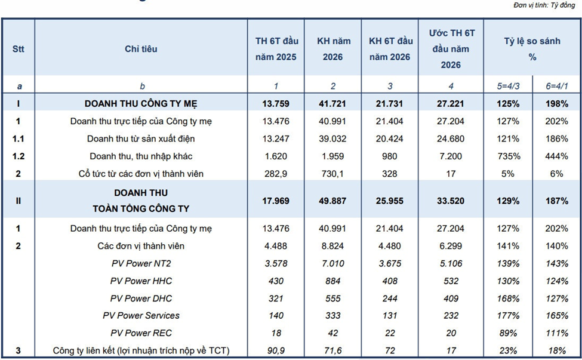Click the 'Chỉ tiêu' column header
[141, 49]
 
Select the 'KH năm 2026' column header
[333, 49]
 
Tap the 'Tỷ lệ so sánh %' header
[532, 49]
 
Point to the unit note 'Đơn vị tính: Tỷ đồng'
[544, 5]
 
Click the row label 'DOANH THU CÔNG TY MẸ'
[141, 103]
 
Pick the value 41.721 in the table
[332, 103]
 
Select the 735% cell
[508, 156]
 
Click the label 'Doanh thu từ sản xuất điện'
[141, 139]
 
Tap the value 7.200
[451, 156]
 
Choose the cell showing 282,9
[275, 174]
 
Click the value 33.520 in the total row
[451, 201]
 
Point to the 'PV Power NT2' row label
[141, 263]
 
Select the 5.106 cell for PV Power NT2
[451, 263]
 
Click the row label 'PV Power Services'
[141, 315]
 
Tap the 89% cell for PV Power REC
[508, 333]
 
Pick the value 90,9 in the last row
[275, 350]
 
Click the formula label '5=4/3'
[508, 86]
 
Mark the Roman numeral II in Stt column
[18, 201]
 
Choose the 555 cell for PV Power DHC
[332, 299]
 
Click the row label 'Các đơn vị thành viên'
[141, 246]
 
